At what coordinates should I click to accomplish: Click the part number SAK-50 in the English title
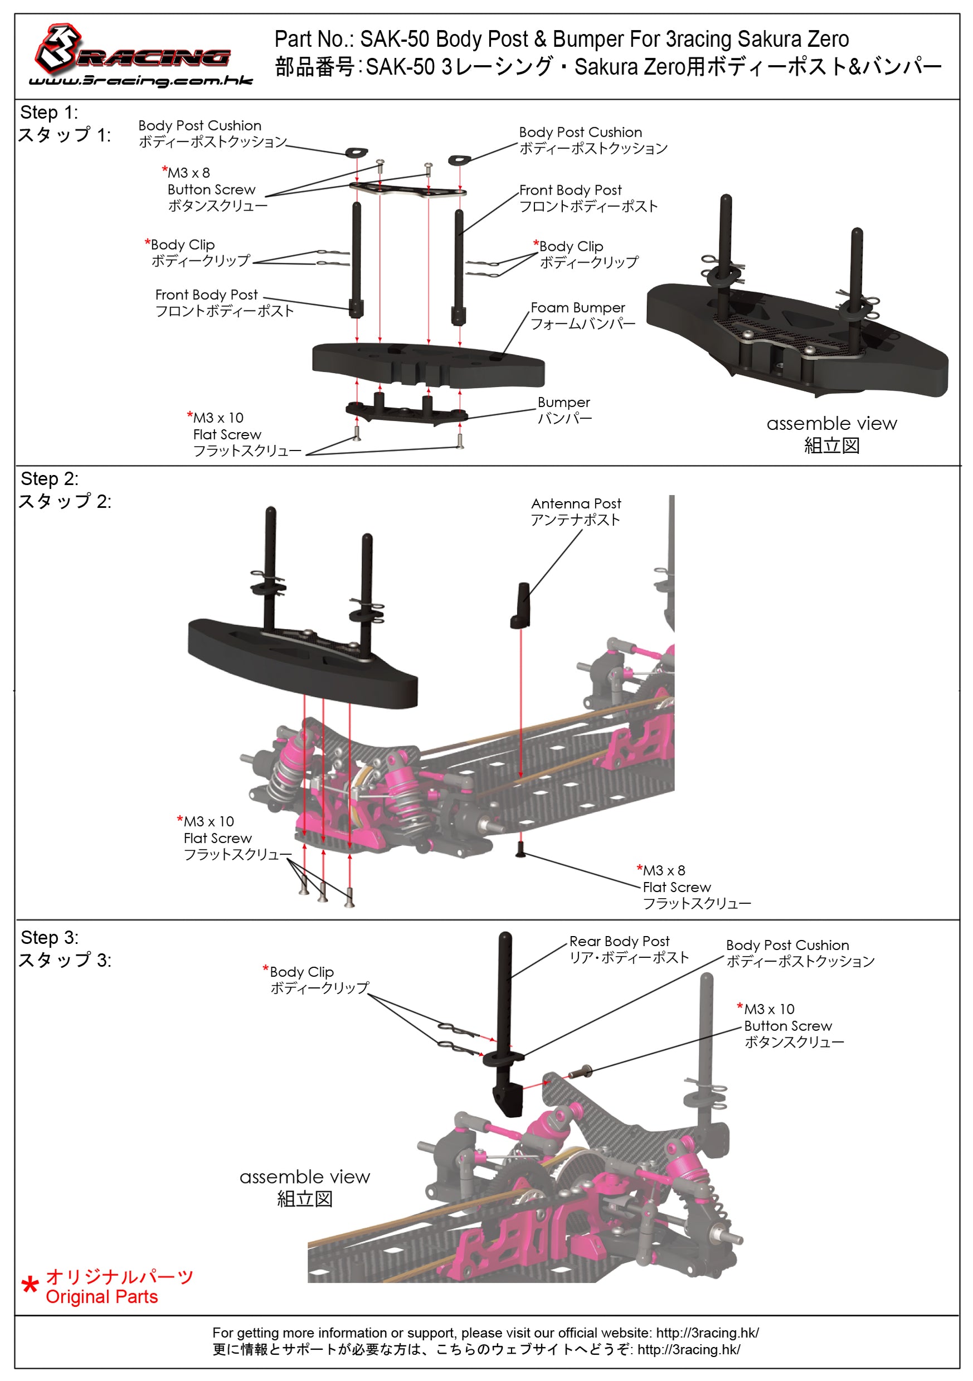[394, 40]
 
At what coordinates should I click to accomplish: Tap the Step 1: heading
[49, 113]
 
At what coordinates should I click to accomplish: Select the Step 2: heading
[49, 479]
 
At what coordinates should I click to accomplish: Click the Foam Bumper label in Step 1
[577, 308]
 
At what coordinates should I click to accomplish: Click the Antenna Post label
[576, 503]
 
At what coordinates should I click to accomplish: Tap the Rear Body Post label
[619, 941]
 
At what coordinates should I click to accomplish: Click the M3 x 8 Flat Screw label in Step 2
[676, 887]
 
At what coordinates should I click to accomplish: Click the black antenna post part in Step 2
[521, 605]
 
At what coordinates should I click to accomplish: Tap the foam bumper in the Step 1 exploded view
[427, 365]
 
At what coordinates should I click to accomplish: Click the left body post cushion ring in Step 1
[357, 153]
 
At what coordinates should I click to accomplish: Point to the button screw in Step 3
[581, 1071]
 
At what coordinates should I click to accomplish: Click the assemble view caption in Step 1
[831, 423]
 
